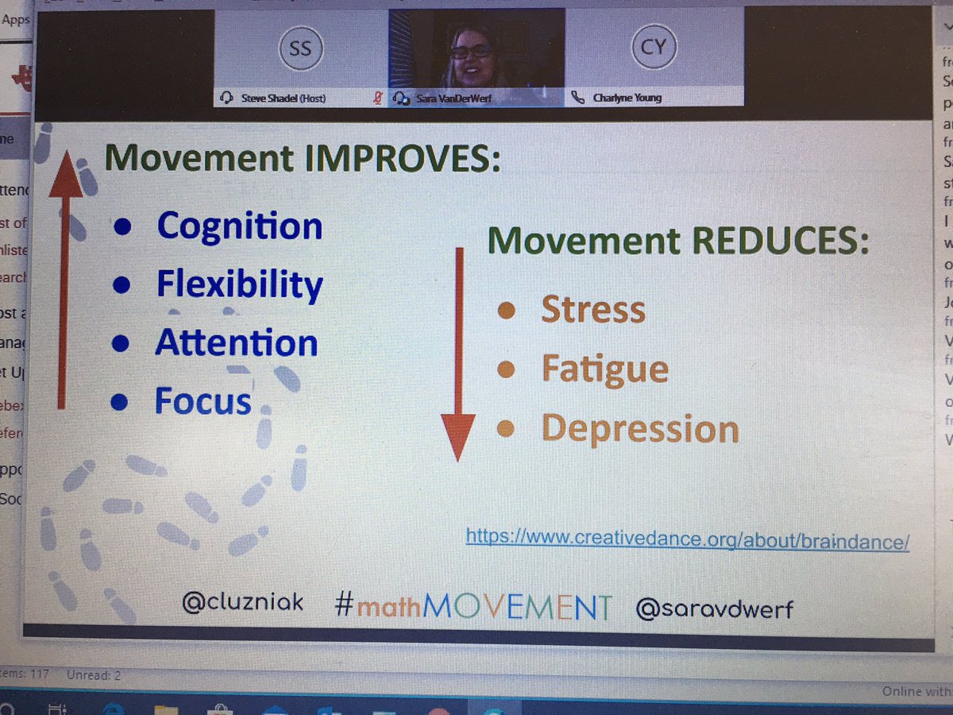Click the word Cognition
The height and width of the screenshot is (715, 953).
tap(240, 226)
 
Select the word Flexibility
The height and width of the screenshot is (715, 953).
tap(240, 285)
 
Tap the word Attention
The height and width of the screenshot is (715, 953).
tap(237, 343)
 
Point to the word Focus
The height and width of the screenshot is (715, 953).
tap(203, 401)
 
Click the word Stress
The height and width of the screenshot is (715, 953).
tap(593, 310)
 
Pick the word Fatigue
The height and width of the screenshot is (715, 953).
tap(604, 369)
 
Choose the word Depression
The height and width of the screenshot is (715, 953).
tap(640, 430)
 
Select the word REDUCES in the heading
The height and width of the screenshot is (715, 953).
tap(777, 241)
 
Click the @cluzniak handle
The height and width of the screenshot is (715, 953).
tap(242, 603)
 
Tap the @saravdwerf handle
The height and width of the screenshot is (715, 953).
tap(714, 609)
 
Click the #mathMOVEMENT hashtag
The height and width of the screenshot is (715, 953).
tap(473, 606)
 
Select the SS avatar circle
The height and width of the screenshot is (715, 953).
tap(301, 50)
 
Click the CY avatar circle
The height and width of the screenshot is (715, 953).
tap(653, 48)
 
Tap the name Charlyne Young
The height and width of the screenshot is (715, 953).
tap(627, 99)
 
